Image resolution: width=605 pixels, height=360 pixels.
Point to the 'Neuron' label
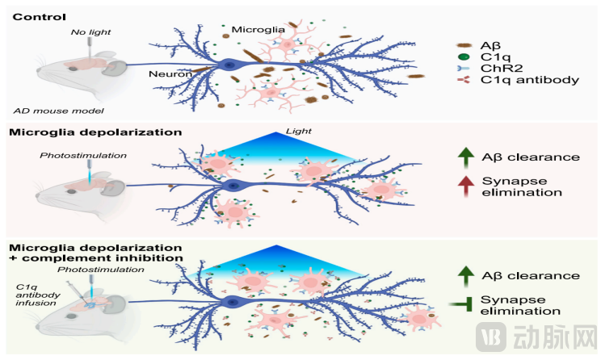(x=170, y=74)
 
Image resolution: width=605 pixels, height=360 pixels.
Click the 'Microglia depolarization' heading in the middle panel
(x=94, y=132)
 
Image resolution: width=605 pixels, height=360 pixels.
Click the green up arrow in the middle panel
(x=466, y=156)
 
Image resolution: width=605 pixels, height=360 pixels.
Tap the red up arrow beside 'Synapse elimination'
(x=466, y=186)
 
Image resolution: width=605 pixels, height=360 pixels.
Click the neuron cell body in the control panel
(x=234, y=64)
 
